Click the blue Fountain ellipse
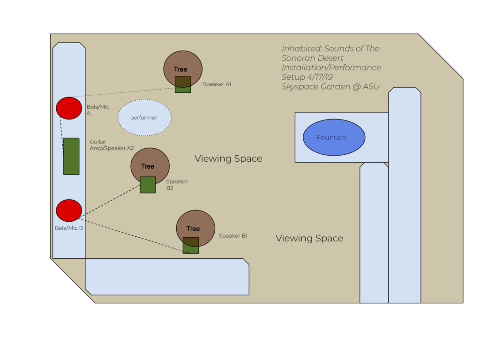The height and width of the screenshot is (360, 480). [334, 137]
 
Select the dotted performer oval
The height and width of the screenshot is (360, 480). [144, 118]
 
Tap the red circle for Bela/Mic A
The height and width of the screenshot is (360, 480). [69, 108]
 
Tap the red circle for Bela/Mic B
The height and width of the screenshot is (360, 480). [69, 210]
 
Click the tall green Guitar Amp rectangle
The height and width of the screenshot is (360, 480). [71, 156]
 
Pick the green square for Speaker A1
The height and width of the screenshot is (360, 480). [183, 84]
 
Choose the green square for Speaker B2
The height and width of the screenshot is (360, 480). [148, 185]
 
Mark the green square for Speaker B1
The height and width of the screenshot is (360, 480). [190, 245]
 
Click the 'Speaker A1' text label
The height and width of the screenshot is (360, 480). [217, 85]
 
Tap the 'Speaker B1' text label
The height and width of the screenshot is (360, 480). [233, 236]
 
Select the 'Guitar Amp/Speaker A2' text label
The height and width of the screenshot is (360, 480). [112, 144]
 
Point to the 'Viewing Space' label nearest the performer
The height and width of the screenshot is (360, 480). [228, 159]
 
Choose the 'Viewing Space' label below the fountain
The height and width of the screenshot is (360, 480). [309, 239]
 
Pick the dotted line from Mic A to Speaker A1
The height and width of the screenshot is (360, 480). [127, 92]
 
